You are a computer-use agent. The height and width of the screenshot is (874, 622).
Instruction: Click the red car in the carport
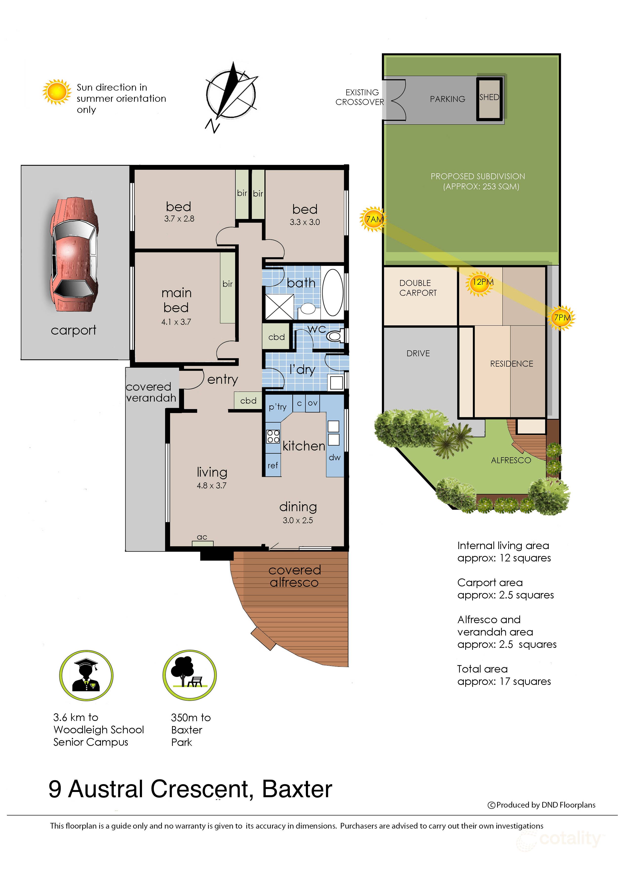pos(74,255)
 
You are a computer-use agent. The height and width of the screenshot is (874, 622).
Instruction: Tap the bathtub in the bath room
pos(332,293)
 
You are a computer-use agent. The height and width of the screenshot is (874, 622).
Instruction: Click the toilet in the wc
pos(335,336)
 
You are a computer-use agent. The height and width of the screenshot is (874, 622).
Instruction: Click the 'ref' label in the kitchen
pos(273,465)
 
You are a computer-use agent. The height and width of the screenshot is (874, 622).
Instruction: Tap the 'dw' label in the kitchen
pos(334,457)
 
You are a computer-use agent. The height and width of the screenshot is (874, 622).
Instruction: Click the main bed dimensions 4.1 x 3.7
pos(176,322)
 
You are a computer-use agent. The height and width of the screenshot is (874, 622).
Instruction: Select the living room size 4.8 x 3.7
pos(212,486)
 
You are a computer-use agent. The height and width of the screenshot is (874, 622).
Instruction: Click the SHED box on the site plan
pos(489,99)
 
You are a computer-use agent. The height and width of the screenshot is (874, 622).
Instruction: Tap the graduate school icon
pos(86,675)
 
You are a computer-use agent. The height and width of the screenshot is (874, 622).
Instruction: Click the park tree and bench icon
pos(190,675)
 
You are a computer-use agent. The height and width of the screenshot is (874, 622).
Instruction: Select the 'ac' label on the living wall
pos(202,537)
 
